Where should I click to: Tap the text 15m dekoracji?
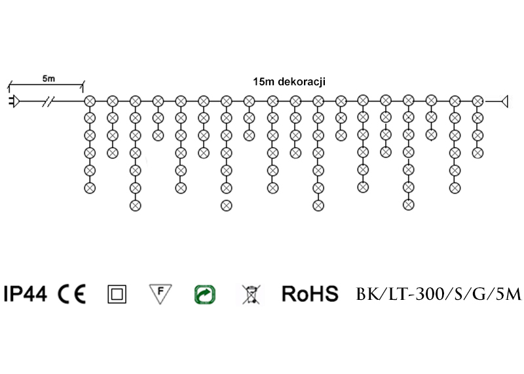[x=290, y=82]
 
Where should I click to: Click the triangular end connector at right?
[x=505, y=101]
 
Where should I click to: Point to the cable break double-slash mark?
[x=48, y=101]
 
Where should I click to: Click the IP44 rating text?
[x=25, y=294]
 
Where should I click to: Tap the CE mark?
[x=72, y=294]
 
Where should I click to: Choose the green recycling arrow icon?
[x=204, y=294]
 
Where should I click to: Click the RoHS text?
[x=310, y=294]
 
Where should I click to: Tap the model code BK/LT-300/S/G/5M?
[x=438, y=294]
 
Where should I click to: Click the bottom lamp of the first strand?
[x=90, y=188]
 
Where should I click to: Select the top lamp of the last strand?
[x=477, y=101]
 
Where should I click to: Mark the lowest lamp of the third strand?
[x=135, y=205]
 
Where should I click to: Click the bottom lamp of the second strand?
[x=112, y=153]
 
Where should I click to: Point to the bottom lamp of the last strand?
[x=477, y=152]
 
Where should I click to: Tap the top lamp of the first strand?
[x=90, y=101]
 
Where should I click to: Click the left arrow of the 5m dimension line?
[x=10, y=85]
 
